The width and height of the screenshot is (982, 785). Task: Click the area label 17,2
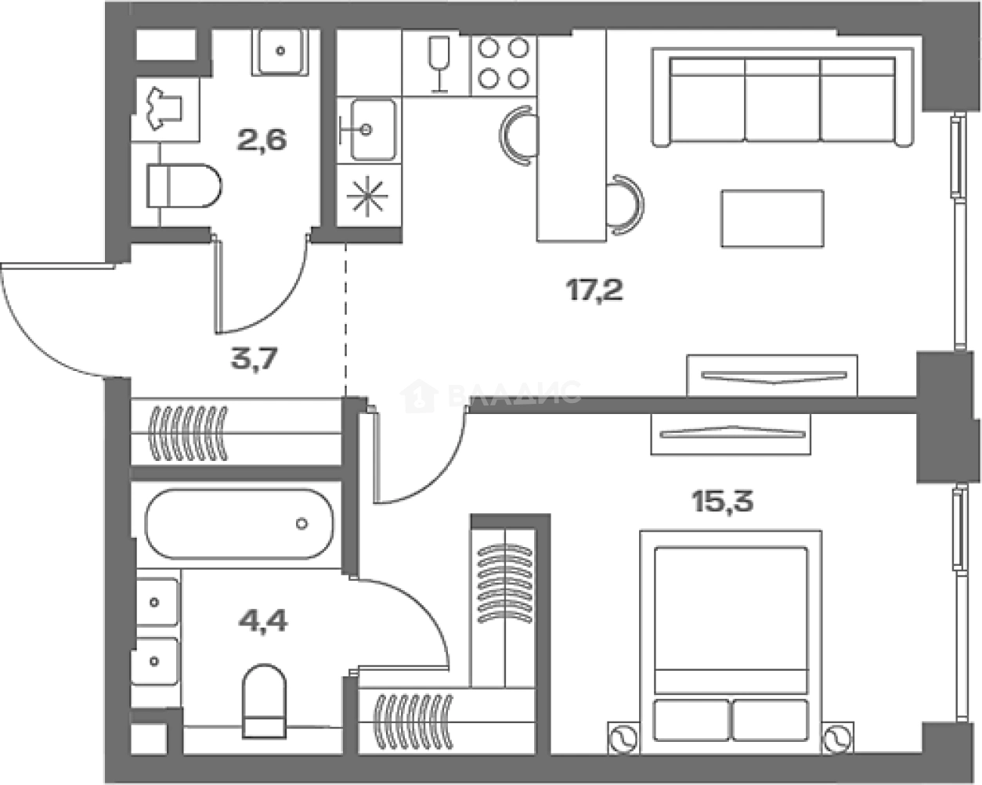[594, 290]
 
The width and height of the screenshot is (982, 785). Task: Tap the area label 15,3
[723, 501]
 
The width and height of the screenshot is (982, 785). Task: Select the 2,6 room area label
[262, 140]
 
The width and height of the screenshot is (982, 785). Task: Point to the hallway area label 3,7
[255, 359]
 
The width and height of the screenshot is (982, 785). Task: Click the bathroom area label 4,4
[263, 620]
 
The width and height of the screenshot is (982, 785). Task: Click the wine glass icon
[439, 64]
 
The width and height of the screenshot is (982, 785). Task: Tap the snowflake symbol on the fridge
[367, 196]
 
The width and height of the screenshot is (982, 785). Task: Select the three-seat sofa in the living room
[782, 98]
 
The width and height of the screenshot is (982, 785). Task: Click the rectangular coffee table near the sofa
[773, 218]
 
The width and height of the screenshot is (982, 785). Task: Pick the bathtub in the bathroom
[239, 524]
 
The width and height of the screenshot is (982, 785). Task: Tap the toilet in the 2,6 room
[184, 185]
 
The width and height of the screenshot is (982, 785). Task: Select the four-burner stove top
[504, 63]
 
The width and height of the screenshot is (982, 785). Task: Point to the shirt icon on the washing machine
[164, 108]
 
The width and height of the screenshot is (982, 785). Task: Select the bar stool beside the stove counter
[519, 135]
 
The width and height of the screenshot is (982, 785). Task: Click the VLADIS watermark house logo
[419, 395]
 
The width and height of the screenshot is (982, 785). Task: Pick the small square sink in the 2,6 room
[280, 51]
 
